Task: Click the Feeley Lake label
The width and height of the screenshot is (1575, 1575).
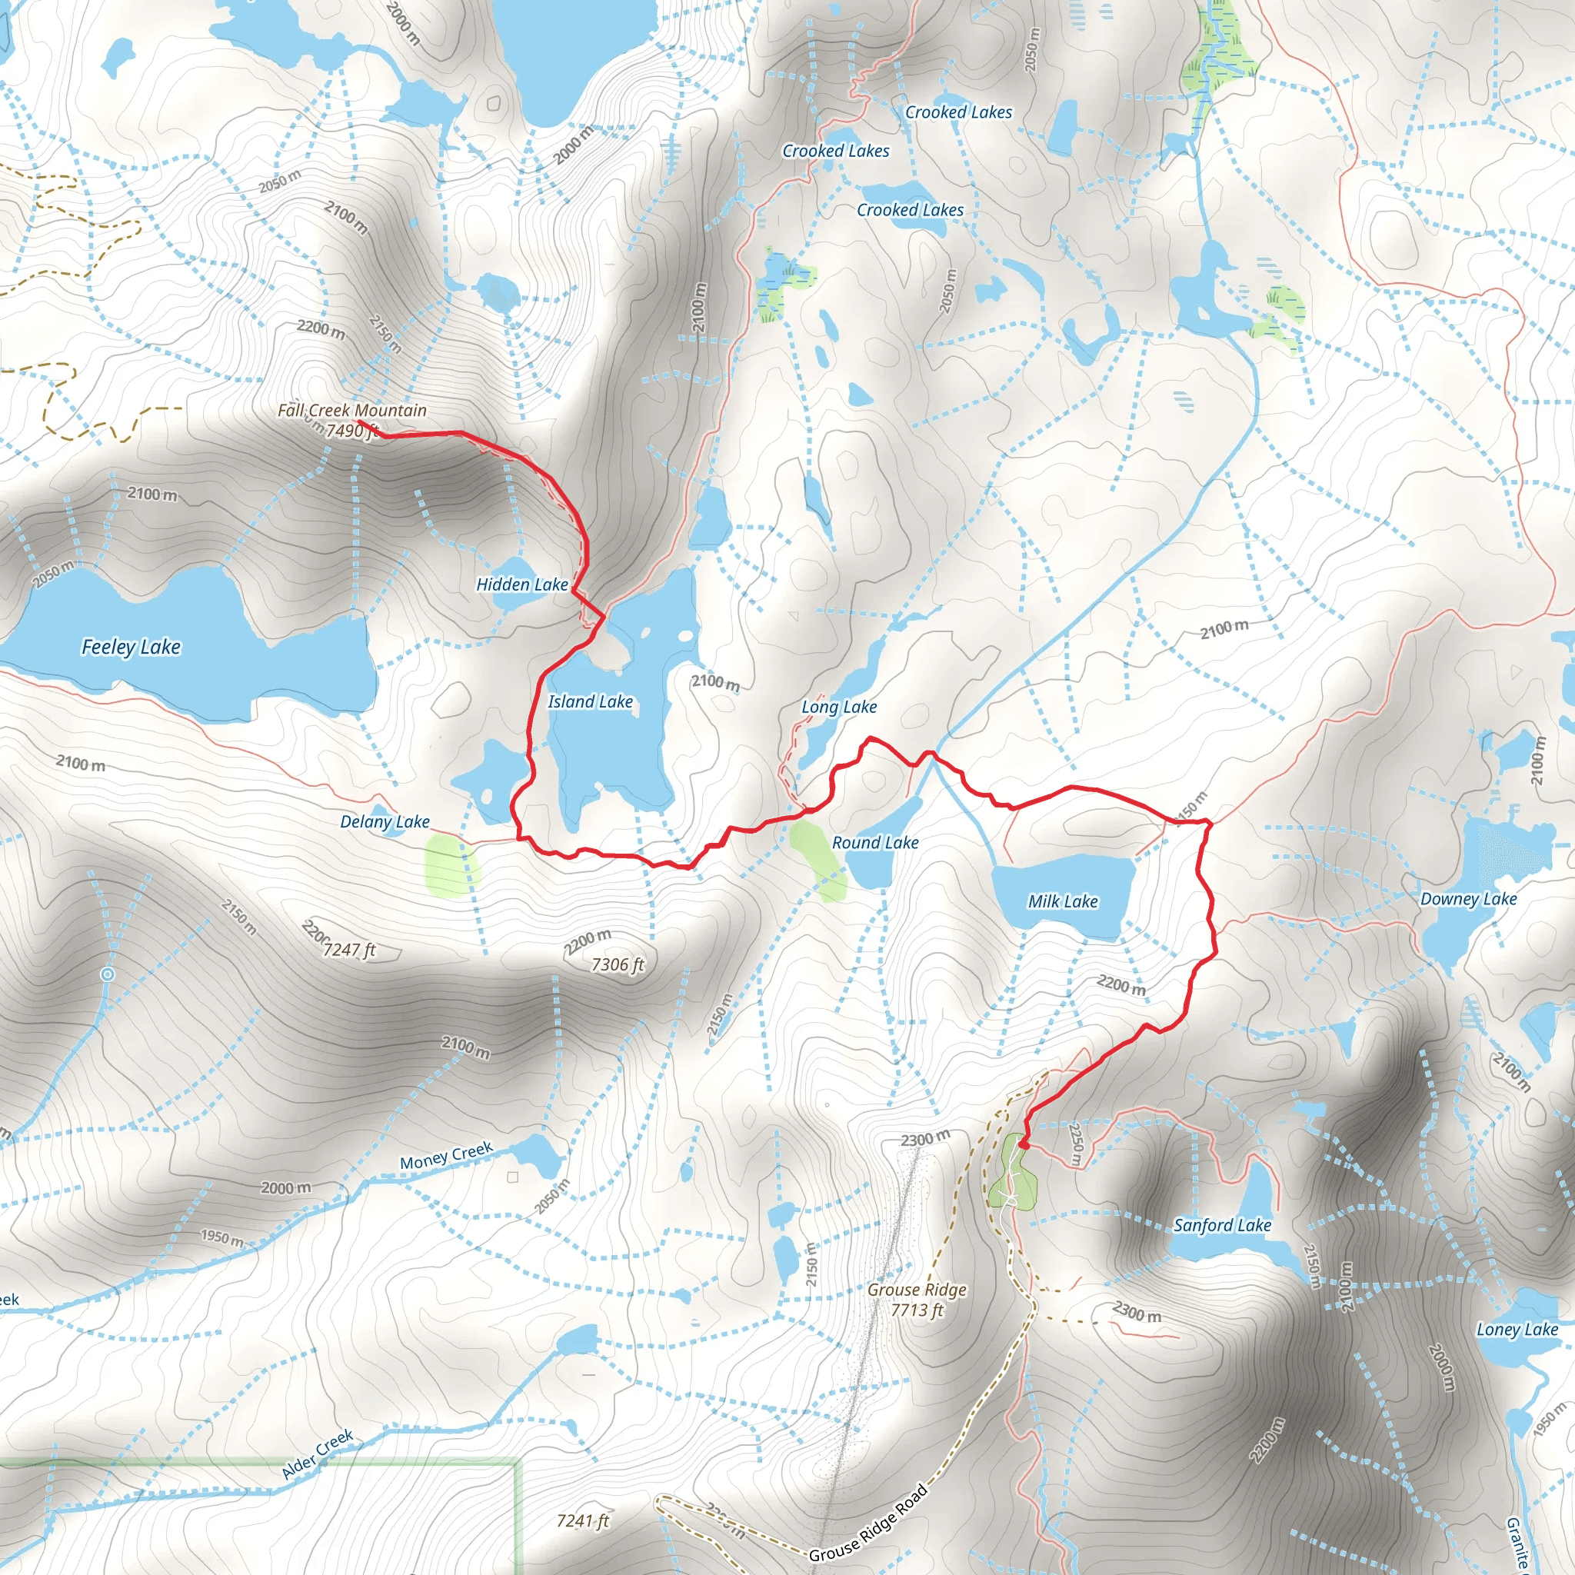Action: pos(131,648)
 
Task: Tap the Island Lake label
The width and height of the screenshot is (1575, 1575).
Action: pos(590,702)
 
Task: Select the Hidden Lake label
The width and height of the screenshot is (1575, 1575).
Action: pos(521,584)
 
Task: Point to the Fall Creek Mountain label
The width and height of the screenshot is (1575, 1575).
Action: pos(352,410)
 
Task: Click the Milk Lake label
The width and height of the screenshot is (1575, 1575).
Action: pos(1062,901)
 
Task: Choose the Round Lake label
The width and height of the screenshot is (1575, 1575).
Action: pos(874,843)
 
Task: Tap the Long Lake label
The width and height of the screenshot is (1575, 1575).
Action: pos(839,707)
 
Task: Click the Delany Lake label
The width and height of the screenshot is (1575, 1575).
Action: pos(385,822)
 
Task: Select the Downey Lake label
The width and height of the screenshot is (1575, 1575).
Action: pos(1468,899)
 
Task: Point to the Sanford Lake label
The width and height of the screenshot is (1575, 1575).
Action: pos(1222,1225)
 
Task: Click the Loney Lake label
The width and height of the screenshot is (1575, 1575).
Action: pos(1517,1330)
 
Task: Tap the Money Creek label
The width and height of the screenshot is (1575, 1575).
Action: pos(446,1155)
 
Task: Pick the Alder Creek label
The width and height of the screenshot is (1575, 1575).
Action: pos(317,1454)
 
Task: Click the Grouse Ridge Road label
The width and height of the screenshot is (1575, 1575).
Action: pos(868,1523)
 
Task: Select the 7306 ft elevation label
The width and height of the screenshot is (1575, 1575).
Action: pos(617,965)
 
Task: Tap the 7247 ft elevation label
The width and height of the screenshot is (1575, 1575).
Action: pos(349,950)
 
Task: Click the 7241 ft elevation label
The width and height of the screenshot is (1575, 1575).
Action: pos(583,1521)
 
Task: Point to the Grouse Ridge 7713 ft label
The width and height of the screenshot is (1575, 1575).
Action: pos(917,1300)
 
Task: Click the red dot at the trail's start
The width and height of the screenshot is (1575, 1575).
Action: pos(1023,1144)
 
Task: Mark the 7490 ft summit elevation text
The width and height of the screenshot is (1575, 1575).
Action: pos(352,431)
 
